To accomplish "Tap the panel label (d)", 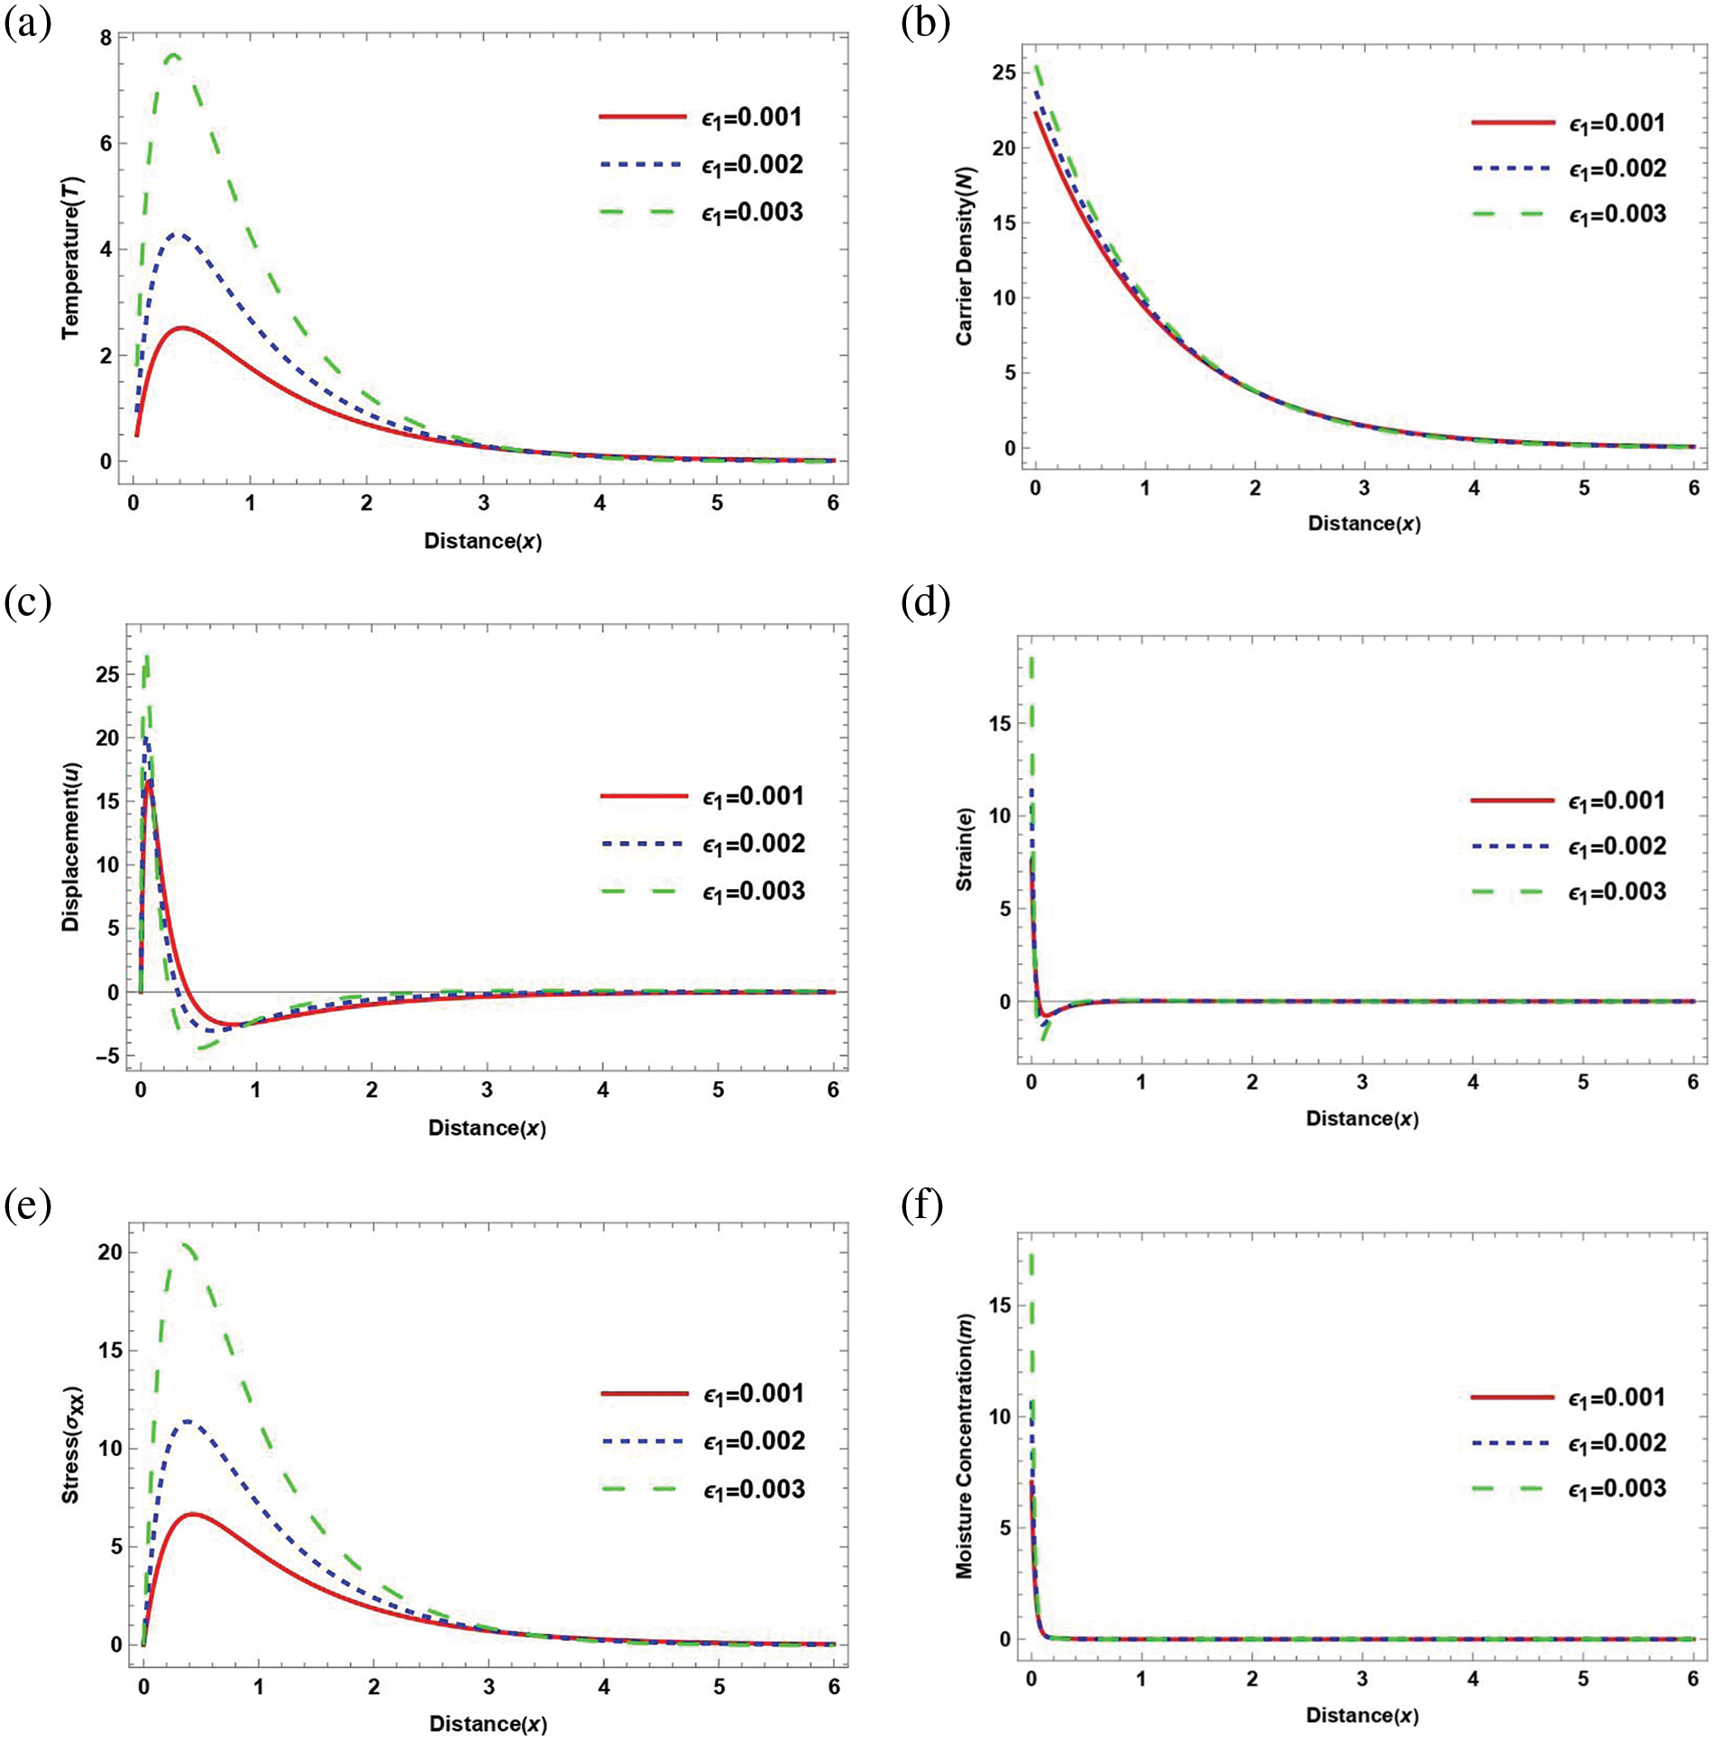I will coord(925,602).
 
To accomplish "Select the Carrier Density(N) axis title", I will coord(964,258).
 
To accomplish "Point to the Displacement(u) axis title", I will coord(71,847).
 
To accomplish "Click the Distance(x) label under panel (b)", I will coord(1364,524).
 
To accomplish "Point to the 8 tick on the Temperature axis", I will coord(106,38).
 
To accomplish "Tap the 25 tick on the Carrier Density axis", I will coord(1003,72).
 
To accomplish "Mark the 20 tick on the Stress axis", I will coord(110,1252).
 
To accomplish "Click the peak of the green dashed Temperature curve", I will coord(172,55).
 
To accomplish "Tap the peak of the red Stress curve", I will coord(192,1514).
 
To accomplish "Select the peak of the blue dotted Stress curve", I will coord(187,1422).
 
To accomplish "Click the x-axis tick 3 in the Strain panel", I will coord(1362,1082).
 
